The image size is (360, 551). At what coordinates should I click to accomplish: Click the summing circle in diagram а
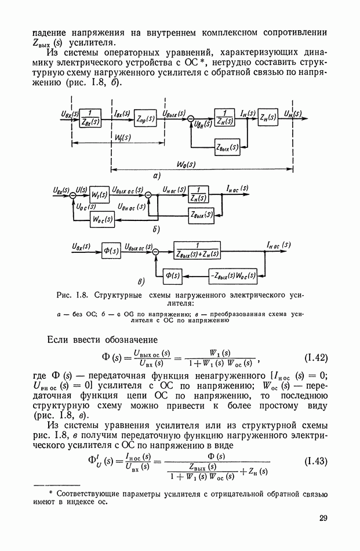point(190,119)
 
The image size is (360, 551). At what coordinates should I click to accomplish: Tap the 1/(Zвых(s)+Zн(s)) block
point(195,251)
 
